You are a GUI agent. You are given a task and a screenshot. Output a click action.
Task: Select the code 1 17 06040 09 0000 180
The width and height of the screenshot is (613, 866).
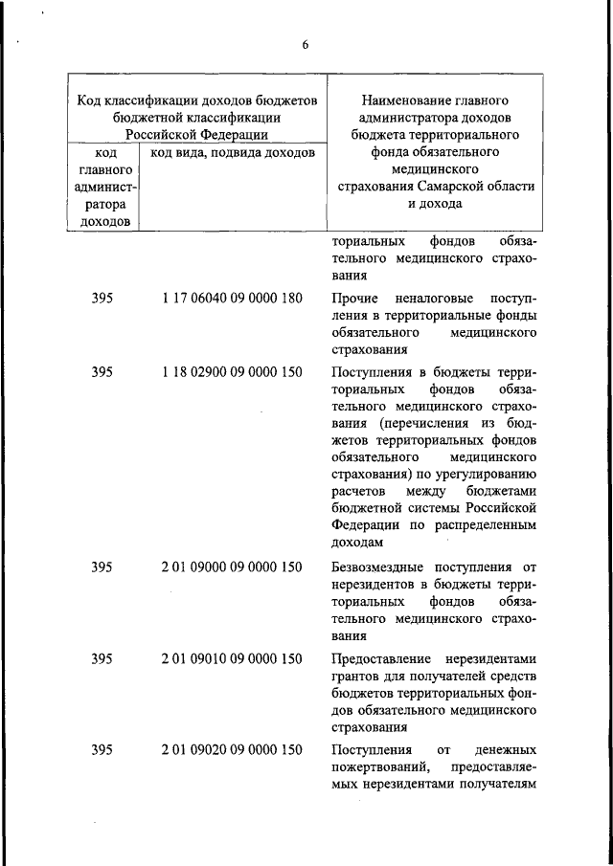coord(233,299)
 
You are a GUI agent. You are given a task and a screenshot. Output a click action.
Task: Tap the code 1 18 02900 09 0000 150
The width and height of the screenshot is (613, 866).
coord(233,372)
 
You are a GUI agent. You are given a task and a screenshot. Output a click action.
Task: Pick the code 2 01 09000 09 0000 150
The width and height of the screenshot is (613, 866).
coord(233,567)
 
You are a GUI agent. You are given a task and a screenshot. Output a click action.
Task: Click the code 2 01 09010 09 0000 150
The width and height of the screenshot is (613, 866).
coord(233,658)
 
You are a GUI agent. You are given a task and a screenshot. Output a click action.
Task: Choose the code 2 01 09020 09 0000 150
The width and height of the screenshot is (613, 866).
coord(233,750)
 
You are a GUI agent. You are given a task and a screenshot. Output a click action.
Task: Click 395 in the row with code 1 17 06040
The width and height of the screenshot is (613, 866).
coord(102,299)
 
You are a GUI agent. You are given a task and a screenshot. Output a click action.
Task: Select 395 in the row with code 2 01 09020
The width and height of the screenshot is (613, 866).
coord(102,750)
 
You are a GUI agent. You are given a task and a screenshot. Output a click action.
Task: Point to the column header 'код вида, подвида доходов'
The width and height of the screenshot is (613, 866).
coord(228,153)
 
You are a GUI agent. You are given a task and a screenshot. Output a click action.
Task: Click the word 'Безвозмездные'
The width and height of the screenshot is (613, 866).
coord(379,567)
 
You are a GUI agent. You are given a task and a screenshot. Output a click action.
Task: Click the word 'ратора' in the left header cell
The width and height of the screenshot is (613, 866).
coord(102,205)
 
